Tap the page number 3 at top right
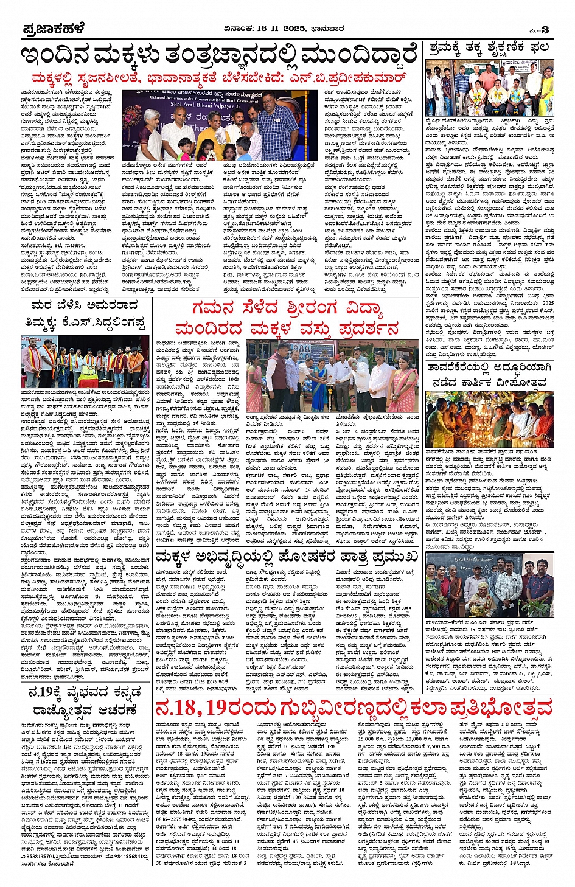pyautogui.click(x=546, y=30)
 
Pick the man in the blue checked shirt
pyautogui.click(x=277, y=128)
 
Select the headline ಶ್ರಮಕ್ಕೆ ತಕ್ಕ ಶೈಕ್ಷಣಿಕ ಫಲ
pyautogui.click(x=488, y=48)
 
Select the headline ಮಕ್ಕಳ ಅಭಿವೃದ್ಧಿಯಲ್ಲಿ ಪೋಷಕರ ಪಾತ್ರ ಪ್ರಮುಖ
pyautogui.click(x=287, y=555)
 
